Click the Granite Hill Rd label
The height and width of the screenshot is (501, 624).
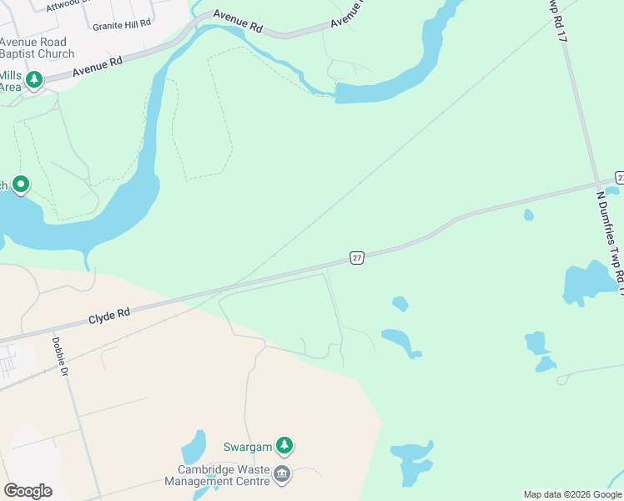(x=122, y=25)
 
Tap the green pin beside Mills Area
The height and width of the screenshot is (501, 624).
(x=34, y=80)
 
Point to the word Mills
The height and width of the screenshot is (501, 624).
(x=10, y=74)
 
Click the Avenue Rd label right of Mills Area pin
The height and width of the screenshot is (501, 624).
(x=98, y=67)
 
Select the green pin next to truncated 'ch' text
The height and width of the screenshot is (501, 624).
(x=21, y=185)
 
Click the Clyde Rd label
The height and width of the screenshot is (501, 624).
(x=109, y=313)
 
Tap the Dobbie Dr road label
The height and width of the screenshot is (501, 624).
(x=58, y=356)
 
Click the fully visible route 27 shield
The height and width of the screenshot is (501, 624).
(x=357, y=258)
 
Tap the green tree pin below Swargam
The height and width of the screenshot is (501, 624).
(x=285, y=447)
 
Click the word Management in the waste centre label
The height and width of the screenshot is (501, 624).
(x=196, y=480)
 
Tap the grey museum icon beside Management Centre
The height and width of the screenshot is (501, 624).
(x=282, y=475)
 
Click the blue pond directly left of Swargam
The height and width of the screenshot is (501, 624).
(x=193, y=448)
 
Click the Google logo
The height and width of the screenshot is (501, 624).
(x=28, y=491)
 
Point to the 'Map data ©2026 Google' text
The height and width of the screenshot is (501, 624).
(x=572, y=494)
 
